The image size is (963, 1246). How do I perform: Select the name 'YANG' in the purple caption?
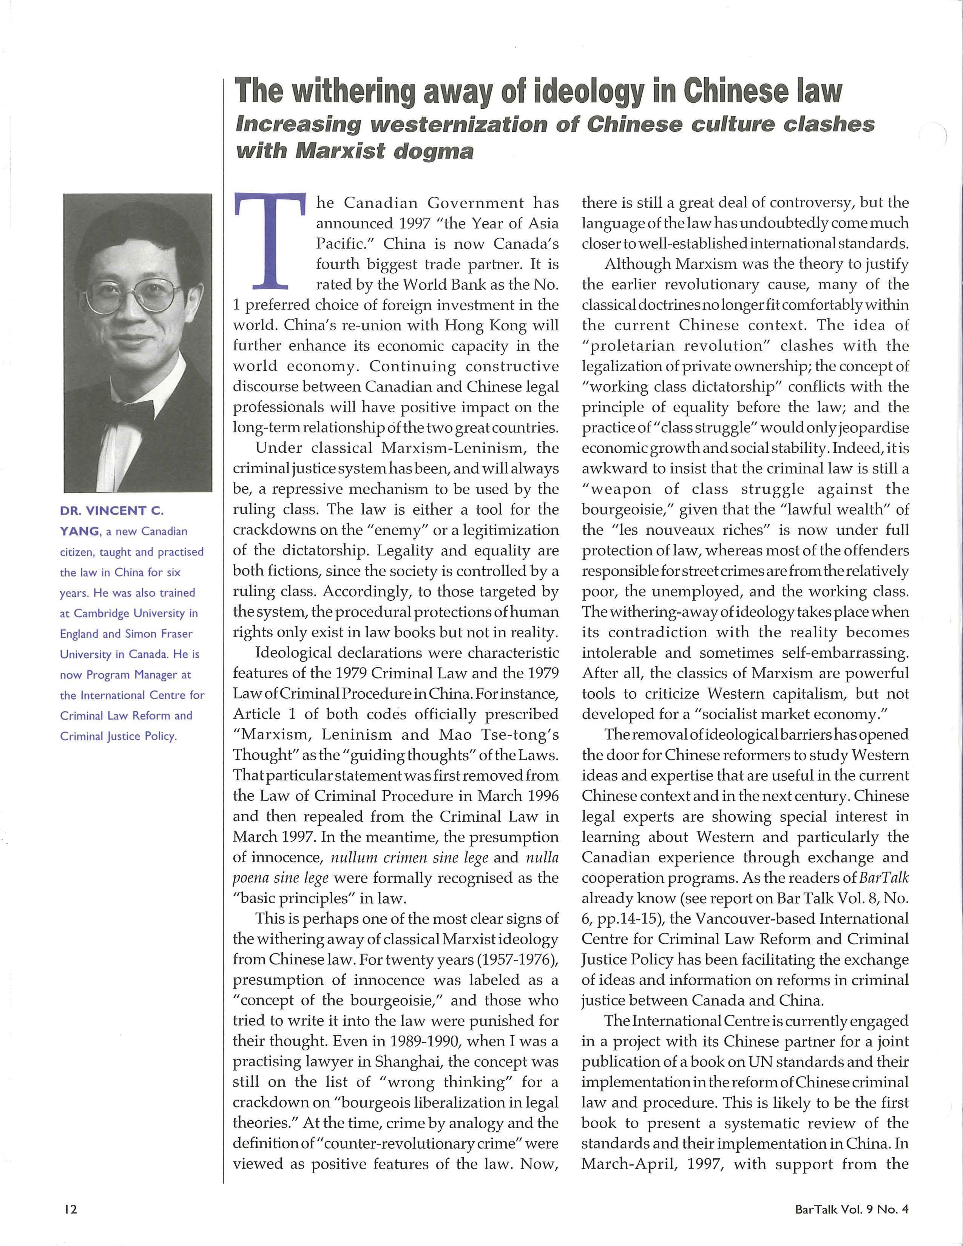(79, 531)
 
